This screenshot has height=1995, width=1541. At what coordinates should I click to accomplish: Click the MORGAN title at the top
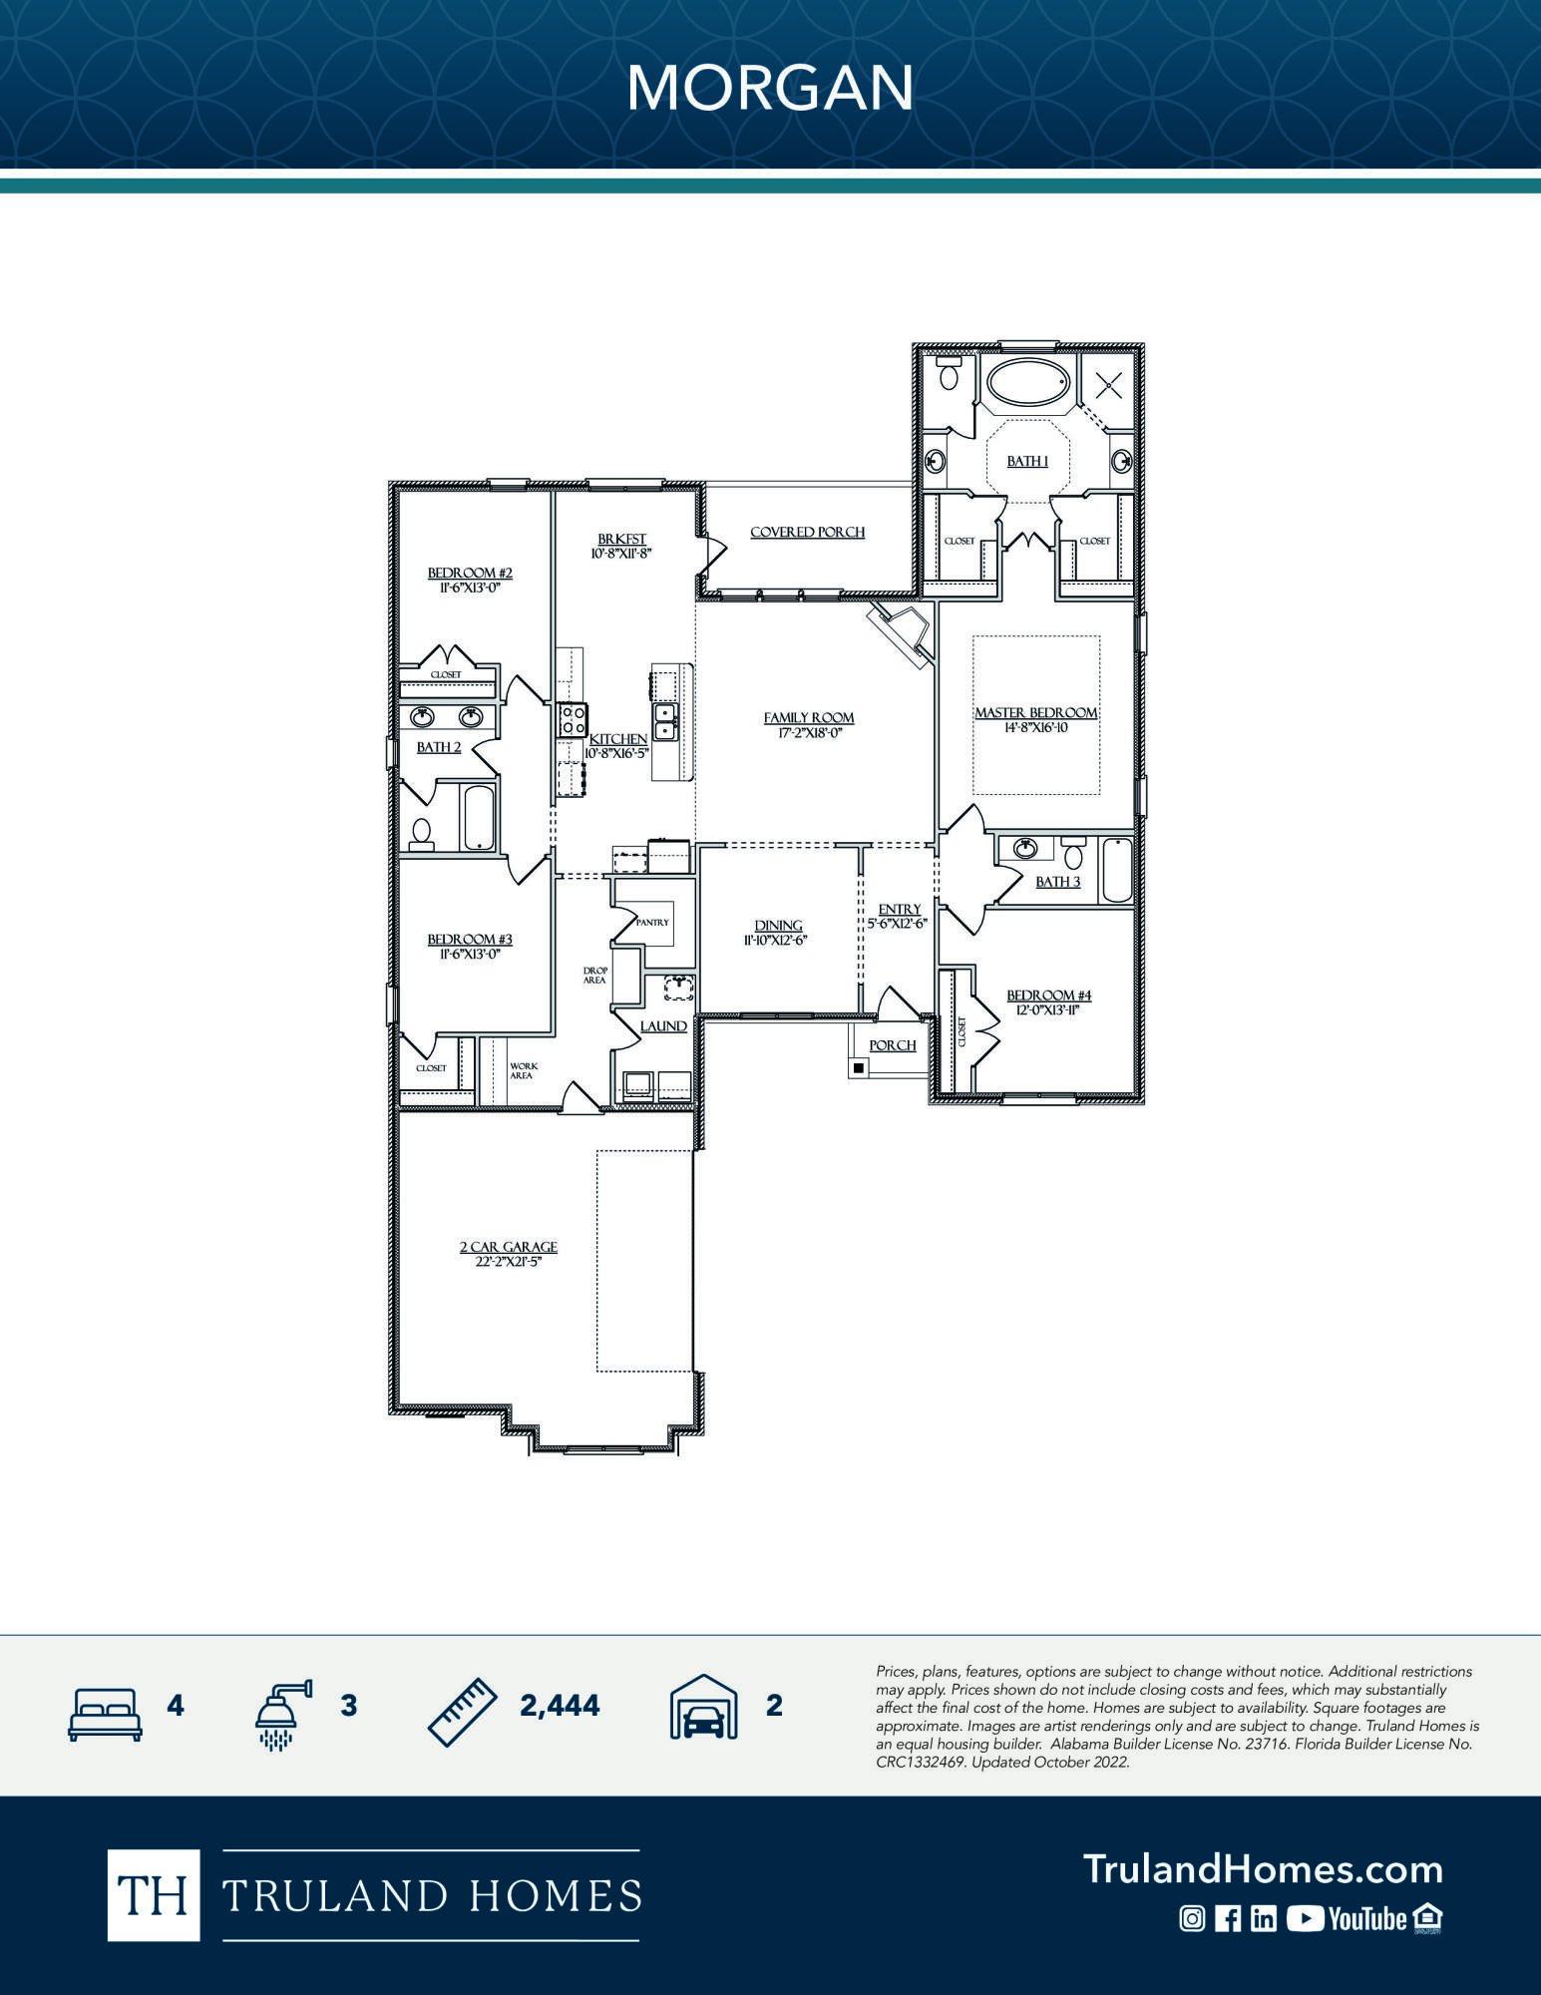click(x=769, y=88)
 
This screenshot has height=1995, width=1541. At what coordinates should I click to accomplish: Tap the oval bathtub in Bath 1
click(x=1028, y=382)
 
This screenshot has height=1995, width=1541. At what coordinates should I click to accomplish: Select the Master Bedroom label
click(x=1035, y=712)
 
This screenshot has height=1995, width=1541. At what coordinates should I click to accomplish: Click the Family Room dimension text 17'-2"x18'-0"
click(x=809, y=732)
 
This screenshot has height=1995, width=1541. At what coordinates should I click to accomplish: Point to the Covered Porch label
click(x=807, y=532)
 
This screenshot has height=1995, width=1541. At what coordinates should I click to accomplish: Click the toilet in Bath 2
click(x=422, y=833)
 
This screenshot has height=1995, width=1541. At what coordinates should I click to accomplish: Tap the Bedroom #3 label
click(x=470, y=939)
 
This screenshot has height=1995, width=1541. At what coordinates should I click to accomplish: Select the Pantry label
click(x=652, y=922)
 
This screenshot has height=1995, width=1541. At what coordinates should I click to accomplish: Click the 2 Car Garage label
click(x=508, y=1247)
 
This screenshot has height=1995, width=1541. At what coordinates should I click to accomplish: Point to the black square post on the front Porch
click(x=859, y=1068)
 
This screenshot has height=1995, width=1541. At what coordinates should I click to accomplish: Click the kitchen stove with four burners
click(x=572, y=719)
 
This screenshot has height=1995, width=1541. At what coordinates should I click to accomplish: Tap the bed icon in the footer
click(x=105, y=1714)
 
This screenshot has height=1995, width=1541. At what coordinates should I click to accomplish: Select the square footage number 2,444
click(x=560, y=1706)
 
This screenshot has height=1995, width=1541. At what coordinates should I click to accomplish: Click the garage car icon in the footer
click(x=703, y=1708)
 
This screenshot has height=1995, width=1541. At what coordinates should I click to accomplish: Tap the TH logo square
click(x=153, y=1895)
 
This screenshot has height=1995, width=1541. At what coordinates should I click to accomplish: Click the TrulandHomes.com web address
click(x=1263, y=1869)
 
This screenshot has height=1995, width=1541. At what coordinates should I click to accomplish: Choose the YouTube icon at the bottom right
click(x=1346, y=1918)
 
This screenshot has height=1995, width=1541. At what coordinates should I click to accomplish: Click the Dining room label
click(x=778, y=925)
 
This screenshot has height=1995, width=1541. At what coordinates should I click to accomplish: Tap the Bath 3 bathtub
click(x=1117, y=870)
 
